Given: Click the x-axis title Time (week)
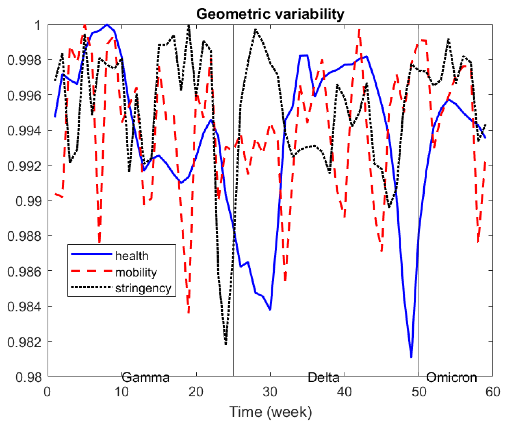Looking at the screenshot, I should [x=270, y=412].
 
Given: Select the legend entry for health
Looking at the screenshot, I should [x=132, y=256].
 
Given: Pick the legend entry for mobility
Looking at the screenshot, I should [x=136, y=272].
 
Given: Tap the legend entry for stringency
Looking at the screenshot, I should [x=143, y=288].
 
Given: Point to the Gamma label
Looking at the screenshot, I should [x=145, y=377].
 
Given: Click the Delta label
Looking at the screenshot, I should [x=323, y=377].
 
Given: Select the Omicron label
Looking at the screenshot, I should [x=451, y=377].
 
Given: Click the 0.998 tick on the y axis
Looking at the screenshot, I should [x=24, y=60].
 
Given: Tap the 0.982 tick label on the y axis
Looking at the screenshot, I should [x=24, y=342].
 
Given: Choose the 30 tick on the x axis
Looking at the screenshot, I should [x=270, y=392].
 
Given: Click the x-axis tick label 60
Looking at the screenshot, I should [x=493, y=392].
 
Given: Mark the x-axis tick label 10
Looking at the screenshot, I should [x=121, y=392].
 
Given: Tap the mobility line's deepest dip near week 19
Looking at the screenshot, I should [x=189, y=312].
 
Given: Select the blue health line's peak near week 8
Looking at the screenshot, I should [x=107, y=25].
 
